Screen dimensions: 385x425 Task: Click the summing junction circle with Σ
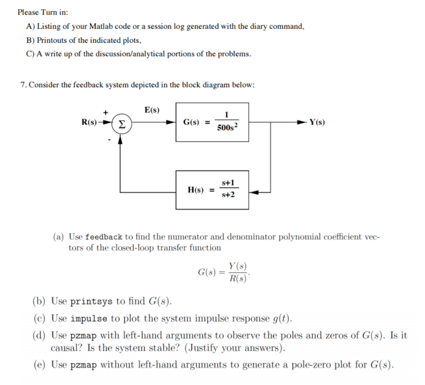(x=120, y=123)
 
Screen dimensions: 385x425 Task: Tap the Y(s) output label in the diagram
(x=317, y=122)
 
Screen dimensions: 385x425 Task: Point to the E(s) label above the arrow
(x=152, y=110)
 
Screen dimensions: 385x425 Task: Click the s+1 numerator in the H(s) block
(x=228, y=183)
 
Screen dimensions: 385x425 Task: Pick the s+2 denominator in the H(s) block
(x=228, y=195)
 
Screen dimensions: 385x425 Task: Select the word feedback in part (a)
(x=103, y=237)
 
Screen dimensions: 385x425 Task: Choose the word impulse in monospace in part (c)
(x=89, y=319)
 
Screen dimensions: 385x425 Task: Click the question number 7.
(x=23, y=85)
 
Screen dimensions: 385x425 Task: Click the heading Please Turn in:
(x=40, y=12)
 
